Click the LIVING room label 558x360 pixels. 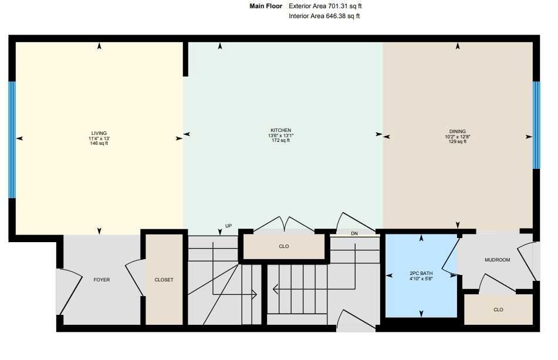coord(99,133)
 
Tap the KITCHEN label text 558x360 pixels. coord(280,130)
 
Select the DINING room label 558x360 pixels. coord(457,131)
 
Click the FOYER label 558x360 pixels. coord(102,280)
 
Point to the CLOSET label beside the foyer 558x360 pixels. coord(164,280)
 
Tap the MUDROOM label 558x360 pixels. coord(497,260)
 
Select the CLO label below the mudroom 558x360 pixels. coord(498,310)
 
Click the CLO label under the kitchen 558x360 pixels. coord(284,246)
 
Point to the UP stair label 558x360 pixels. coord(229,226)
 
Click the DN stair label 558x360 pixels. coord(354,233)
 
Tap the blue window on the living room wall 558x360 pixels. coord(12,140)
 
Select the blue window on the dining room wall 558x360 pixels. coord(536,125)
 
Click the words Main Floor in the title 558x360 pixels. coord(266,6)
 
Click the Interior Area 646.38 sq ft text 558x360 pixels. coord(324,16)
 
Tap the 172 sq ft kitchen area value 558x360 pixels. coord(280,141)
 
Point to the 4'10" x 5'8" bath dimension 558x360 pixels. coord(421,279)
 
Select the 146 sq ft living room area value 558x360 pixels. coord(99,143)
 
